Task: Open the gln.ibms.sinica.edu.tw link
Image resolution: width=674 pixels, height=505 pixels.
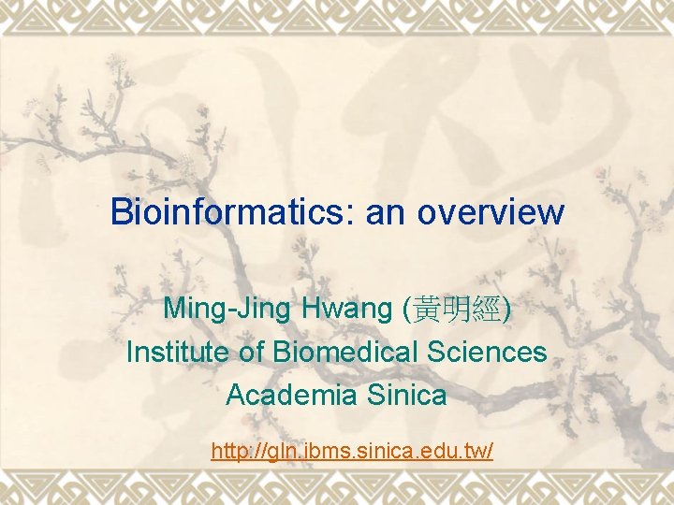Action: coord(352,452)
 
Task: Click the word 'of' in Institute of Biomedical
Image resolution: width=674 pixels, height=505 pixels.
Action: coord(252,352)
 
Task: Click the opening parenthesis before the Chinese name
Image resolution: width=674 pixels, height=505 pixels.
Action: coord(404,309)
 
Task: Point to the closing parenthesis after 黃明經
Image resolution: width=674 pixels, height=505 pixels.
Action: coord(507,309)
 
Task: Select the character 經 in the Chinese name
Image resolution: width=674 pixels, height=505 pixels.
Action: coord(489,308)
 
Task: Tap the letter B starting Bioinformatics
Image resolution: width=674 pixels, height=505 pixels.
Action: coord(121,212)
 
